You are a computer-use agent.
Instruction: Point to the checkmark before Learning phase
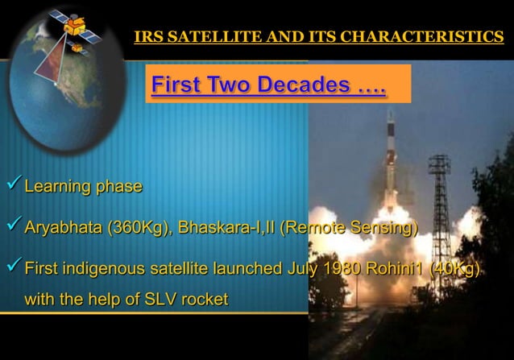[x=12, y=186]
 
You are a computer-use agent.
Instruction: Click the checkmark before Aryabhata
[x=12, y=227]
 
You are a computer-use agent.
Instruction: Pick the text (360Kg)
[x=140, y=228]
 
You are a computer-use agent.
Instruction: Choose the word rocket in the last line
[x=205, y=300]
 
